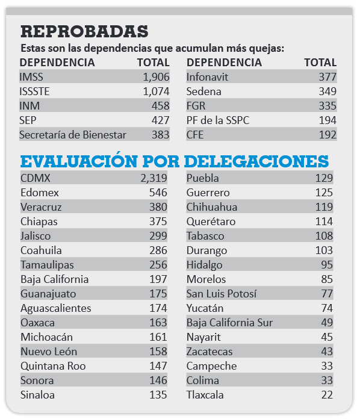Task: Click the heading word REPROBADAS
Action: [x=84, y=31]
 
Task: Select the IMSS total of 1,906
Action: [x=156, y=77]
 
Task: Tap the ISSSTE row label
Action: [x=34, y=92]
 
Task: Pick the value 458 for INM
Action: [x=160, y=106]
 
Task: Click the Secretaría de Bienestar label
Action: [x=73, y=135]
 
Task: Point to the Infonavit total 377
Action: [x=327, y=77]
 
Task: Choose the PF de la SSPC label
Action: [x=218, y=120]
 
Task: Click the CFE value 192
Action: [x=327, y=135]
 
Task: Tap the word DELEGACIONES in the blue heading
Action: [x=256, y=161]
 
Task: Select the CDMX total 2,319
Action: [x=154, y=178]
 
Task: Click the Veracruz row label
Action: [x=41, y=207]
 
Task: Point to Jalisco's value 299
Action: [x=158, y=236]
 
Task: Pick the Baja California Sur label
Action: [x=229, y=323]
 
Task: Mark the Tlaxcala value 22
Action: [x=327, y=395]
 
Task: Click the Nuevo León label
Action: [x=49, y=352]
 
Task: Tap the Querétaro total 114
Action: [x=324, y=222]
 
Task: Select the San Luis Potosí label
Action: [x=222, y=294]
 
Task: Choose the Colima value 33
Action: [x=327, y=380]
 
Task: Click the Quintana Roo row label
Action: [x=53, y=366]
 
